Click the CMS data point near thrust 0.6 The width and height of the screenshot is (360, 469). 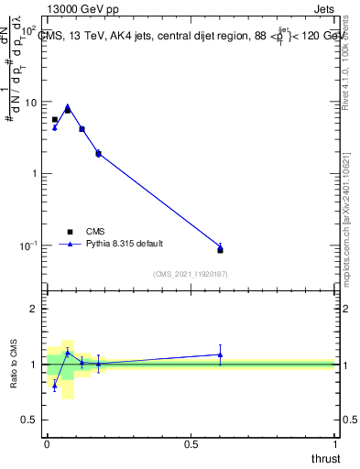click(220, 250)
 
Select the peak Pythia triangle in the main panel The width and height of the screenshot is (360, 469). click(68, 106)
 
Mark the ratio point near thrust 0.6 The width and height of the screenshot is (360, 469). click(220, 354)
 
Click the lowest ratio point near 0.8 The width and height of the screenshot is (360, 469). click(54, 386)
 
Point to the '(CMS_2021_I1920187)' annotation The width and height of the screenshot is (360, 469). click(191, 273)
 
